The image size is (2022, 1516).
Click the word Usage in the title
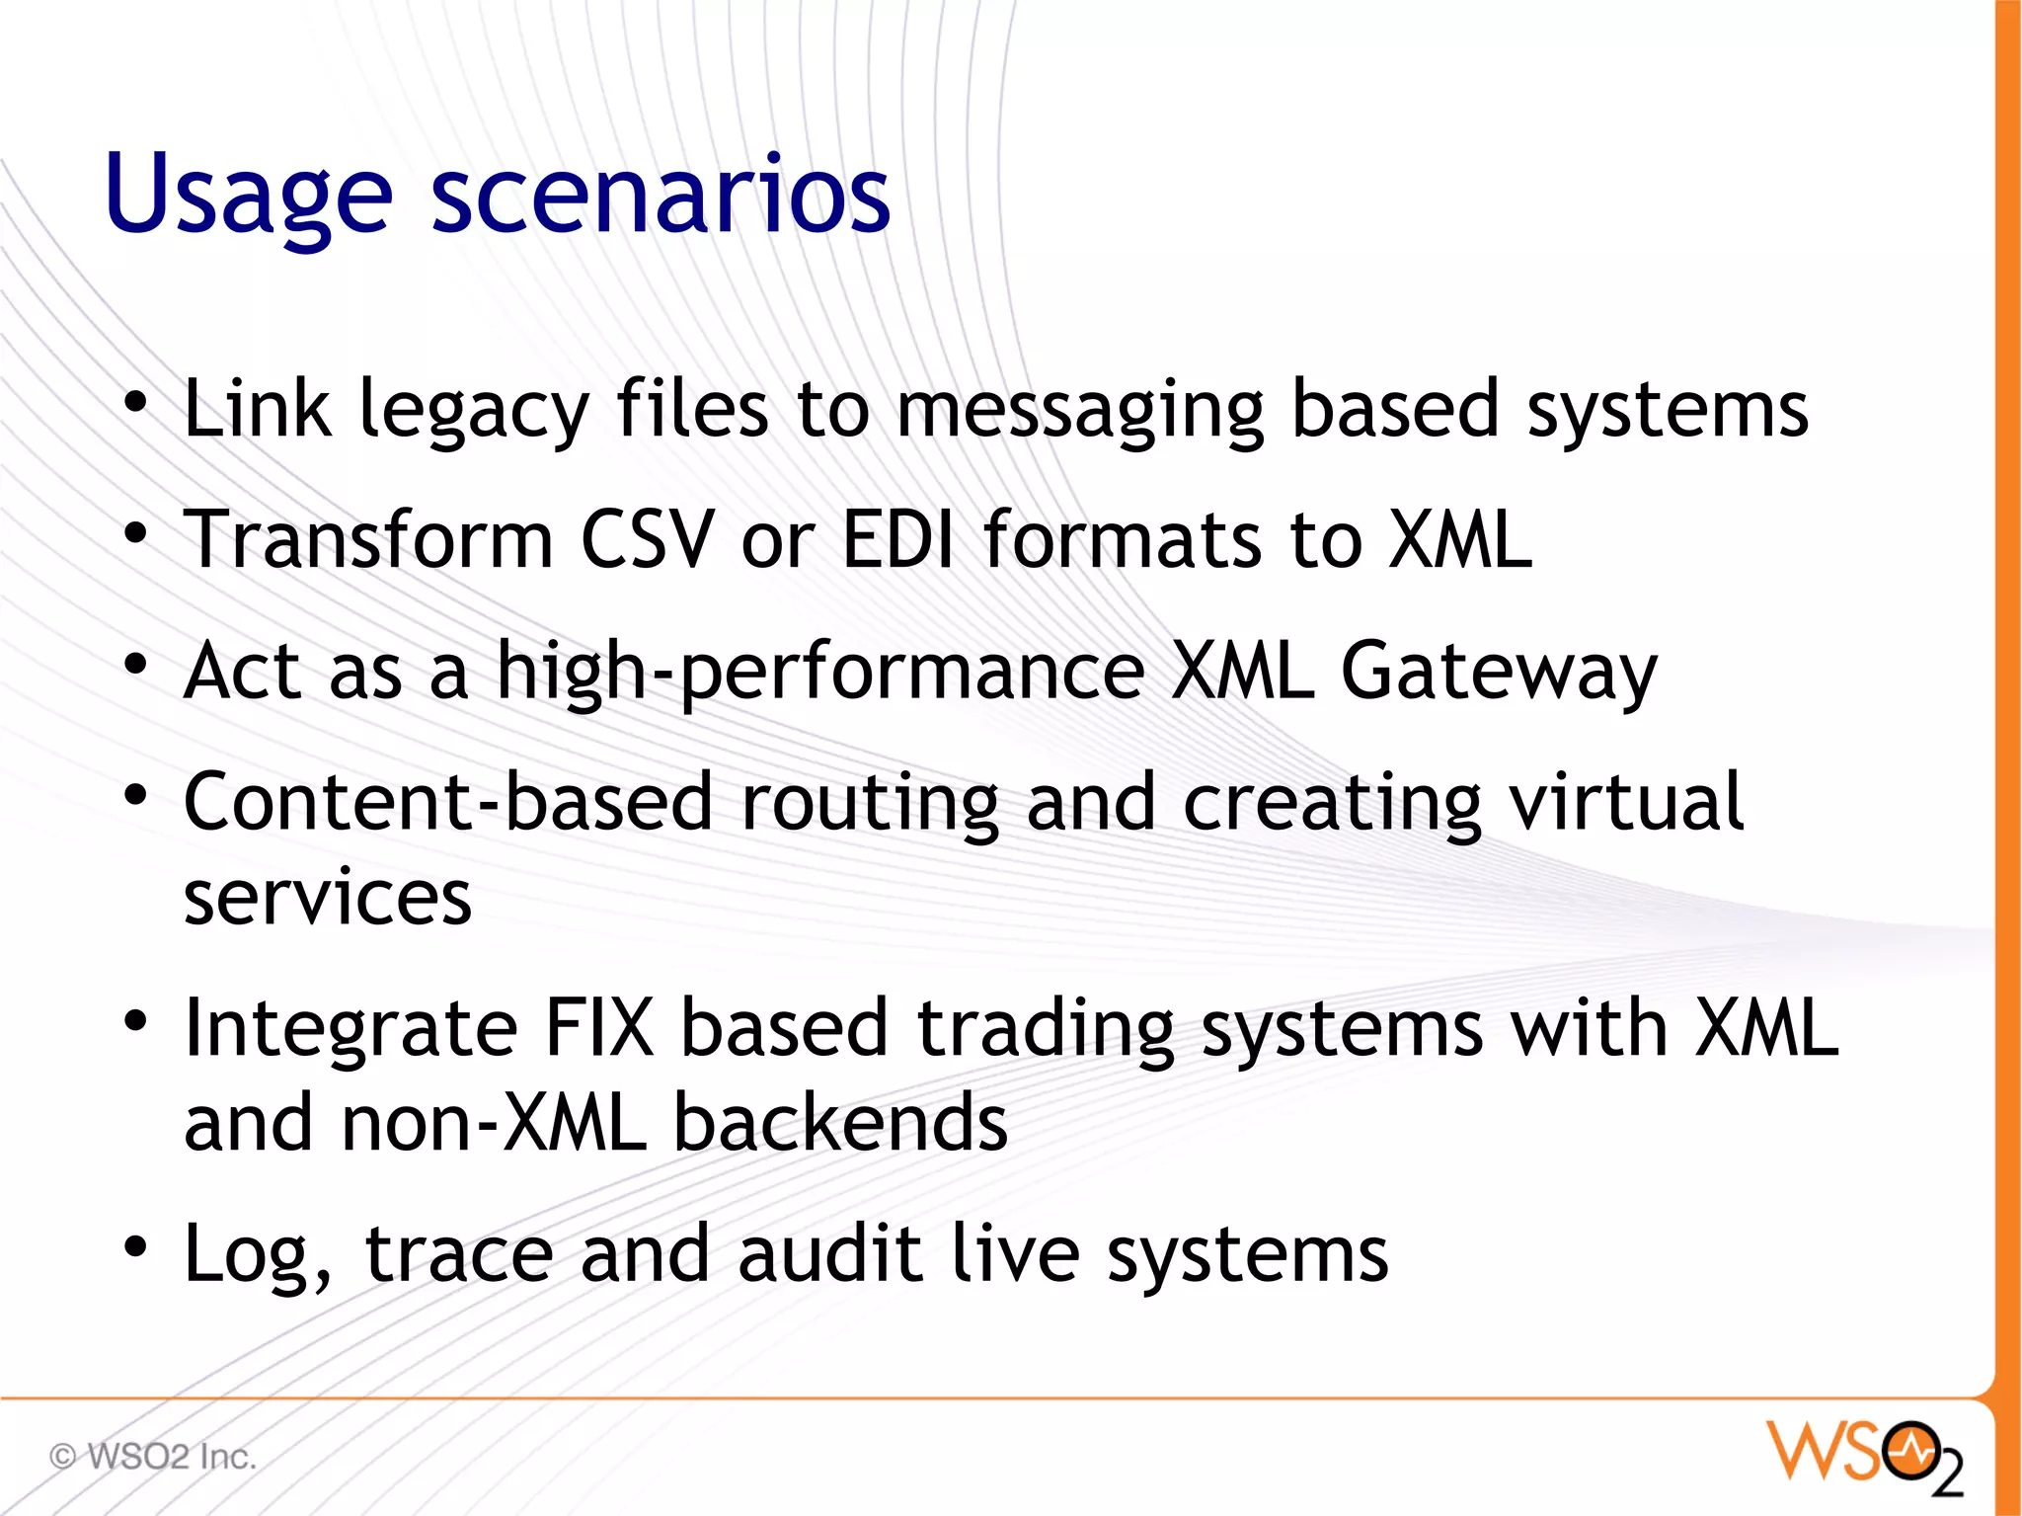pos(249,196)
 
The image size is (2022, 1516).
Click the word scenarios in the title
pos(661,196)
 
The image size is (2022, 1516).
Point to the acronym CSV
pos(647,540)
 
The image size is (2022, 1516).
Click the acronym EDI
pos(898,540)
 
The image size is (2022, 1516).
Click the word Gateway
pos(1498,672)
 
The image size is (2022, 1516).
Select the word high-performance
pos(819,672)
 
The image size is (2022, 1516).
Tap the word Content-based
pos(447,802)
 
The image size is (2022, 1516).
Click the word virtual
pos(1626,802)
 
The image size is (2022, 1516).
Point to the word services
pos(328,899)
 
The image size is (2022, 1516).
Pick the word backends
pos(840,1124)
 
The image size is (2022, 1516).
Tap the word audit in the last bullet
pos(829,1254)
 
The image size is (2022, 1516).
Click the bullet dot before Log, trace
pos(136,1246)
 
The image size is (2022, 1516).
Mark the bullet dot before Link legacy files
pos(136,402)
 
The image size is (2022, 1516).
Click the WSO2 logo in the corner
pos(1863,1455)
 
